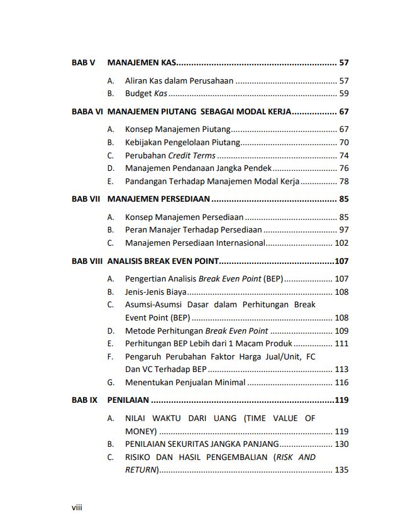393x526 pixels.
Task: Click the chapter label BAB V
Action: point(83,63)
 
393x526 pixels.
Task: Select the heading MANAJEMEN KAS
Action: point(141,63)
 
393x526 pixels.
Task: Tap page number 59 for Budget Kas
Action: point(343,94)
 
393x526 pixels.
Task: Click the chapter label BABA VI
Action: point(87,111)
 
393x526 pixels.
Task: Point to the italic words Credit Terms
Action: point(192,155)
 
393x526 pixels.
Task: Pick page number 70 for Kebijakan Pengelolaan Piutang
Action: point(343,142)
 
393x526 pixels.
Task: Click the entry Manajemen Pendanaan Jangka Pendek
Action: point(197,168)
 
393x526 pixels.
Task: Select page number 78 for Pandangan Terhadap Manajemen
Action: point(343,182)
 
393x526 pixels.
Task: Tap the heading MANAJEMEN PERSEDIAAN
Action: point(158,199)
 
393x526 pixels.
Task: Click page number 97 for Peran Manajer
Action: point(343,230)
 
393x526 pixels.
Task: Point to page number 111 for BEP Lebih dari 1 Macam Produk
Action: point(341,344)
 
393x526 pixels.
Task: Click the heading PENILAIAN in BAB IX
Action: point(128,400)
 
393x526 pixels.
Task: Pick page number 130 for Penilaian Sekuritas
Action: point(341,444)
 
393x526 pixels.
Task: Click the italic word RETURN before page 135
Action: point(141,469)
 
